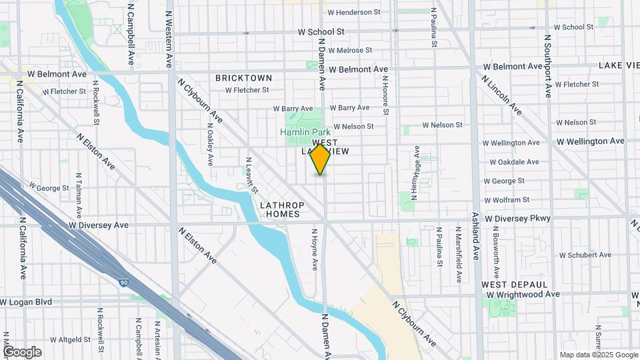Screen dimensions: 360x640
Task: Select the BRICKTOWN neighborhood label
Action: point(244,78)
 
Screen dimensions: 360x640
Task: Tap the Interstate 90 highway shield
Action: point(124,283)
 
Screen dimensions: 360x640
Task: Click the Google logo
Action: point(22,352)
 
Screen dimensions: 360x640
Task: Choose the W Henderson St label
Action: point(353,12)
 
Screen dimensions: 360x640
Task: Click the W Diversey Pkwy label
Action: point(518,219)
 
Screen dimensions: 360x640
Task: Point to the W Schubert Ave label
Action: point(585,255)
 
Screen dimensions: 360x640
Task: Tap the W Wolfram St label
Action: point(507,199)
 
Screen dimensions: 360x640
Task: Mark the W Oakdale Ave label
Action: point(514,162)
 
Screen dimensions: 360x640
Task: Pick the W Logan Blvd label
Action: point(29,302)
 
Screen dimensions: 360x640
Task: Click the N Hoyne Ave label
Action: point(315,249)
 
